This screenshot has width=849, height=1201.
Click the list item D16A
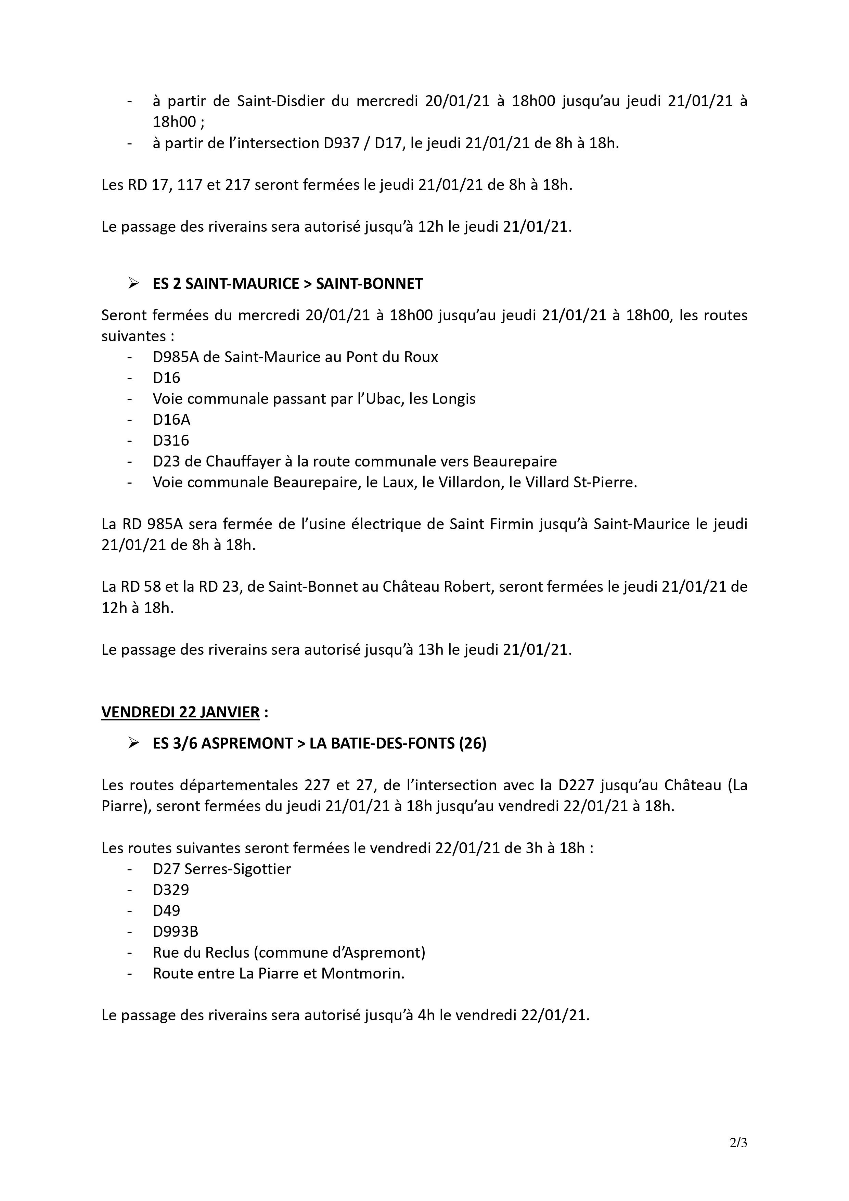tap(171, 420)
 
